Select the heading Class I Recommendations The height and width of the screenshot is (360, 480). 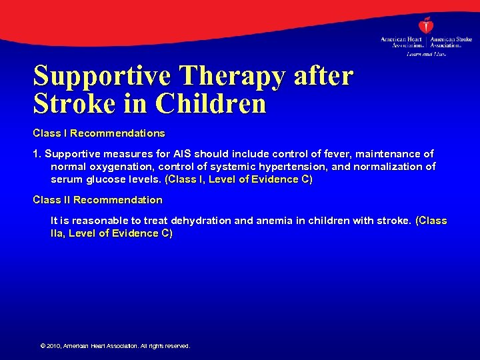tap(99, 133)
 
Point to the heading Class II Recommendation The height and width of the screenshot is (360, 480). tap(97, 200)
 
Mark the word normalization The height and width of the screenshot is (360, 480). tap(391, 167)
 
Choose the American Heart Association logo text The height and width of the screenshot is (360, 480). tap(401, 43)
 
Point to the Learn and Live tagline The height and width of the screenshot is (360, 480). tap(426, 54)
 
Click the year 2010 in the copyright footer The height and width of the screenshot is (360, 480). tap(54, 346)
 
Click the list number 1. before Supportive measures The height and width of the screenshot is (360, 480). tap(37, 154)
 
